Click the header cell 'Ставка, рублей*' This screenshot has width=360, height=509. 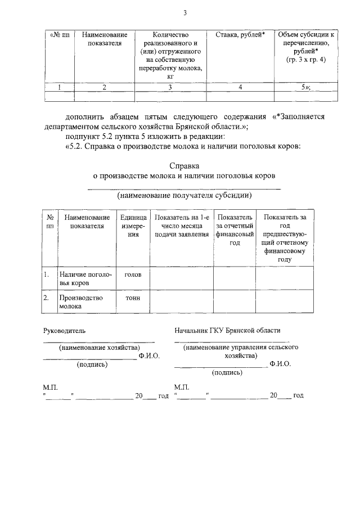pos(240,35)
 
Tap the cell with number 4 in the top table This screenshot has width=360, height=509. pos(240,87)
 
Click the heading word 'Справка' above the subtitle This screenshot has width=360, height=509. pos(184,166)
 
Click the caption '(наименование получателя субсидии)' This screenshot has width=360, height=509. pos(184,196)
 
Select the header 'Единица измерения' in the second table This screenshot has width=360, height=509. pos(133,226)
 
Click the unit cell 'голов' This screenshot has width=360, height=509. pos(133,275)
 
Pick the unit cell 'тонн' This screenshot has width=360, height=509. pos(133,298)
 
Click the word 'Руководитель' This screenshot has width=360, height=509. pos(65,331)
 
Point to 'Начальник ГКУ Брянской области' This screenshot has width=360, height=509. pos(227,331)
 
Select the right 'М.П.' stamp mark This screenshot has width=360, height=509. pos(182,388)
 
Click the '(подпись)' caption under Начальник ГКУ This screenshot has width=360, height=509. pos(227,372)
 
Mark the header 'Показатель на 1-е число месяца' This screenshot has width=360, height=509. pos(181,226)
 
